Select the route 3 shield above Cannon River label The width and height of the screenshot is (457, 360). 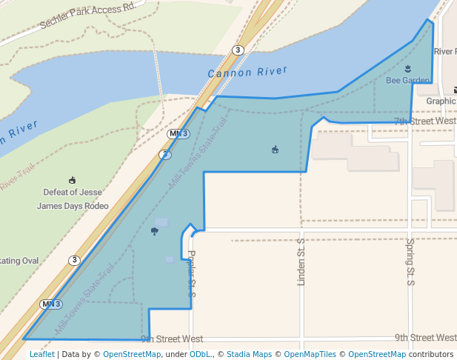point(237,50)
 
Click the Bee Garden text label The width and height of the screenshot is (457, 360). point(407,80)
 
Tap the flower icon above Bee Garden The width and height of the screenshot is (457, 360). point(407,69)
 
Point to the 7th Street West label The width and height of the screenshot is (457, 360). point(424,121)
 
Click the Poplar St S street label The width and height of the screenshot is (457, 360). point(191,273)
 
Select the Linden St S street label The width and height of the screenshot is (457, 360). point(301,262)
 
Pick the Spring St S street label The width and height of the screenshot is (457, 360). point(410,261)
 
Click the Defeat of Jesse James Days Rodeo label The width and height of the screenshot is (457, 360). point(73,199)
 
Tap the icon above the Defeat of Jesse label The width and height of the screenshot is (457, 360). point(72,180)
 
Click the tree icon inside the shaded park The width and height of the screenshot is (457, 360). point(154,232)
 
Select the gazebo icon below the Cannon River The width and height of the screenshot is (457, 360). point(276,150)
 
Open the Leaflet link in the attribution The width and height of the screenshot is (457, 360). point(41,354)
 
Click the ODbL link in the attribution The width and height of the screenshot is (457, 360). point(199,354)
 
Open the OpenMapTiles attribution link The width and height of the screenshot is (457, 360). point(310,354)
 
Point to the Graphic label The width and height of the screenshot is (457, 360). point(441,101)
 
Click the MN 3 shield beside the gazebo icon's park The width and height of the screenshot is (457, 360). point(179,134)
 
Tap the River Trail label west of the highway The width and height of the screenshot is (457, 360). point(18,179)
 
